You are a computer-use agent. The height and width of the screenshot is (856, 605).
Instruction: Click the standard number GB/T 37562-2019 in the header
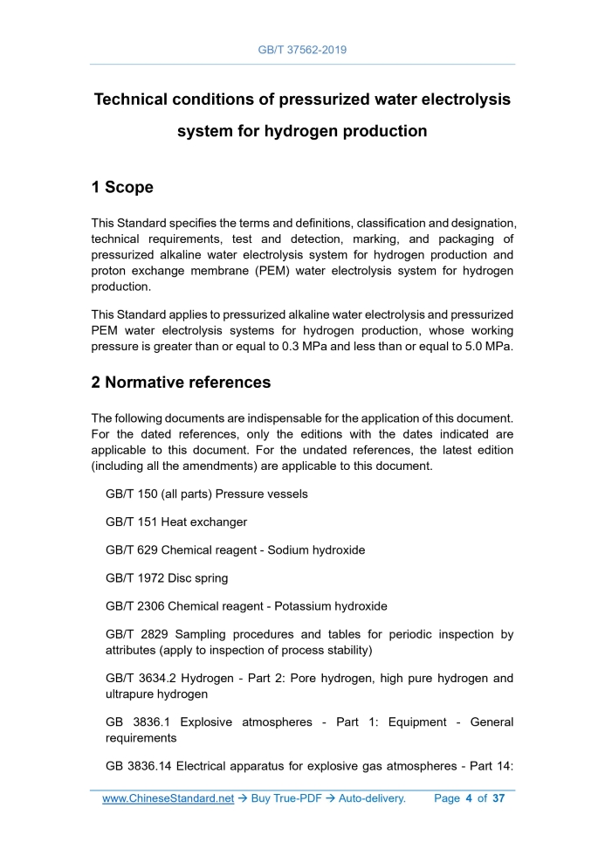[302, 50]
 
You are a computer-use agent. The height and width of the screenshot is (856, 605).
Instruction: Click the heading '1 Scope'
[122, 187]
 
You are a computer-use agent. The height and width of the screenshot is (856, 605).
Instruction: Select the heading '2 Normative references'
[181, 382]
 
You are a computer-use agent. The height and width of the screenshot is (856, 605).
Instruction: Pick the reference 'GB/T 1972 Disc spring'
[168, 578]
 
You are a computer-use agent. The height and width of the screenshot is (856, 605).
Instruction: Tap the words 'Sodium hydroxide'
[316, 550]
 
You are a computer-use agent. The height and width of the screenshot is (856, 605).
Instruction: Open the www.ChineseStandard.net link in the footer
[168, 798]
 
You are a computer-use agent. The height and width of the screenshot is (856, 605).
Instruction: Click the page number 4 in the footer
[468, 798]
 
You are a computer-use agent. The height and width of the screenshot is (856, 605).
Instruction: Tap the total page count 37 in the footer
[498, 798]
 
